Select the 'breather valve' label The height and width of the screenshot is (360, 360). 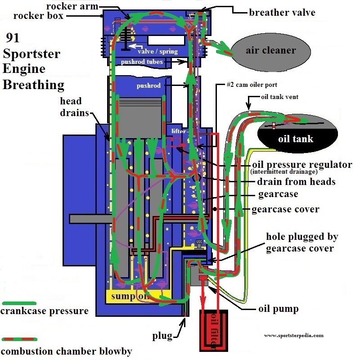[282, 12]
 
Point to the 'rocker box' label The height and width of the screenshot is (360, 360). [39, 16]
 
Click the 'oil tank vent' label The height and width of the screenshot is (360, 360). [279, 96]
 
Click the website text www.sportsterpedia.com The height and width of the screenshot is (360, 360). [294, 335]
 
